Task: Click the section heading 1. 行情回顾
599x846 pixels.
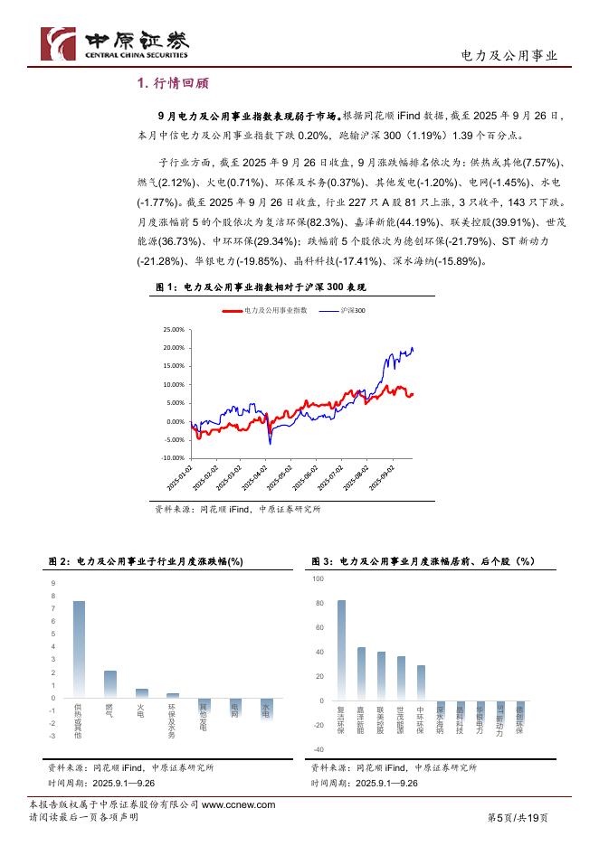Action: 172,84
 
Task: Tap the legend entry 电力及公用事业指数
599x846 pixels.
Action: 268,310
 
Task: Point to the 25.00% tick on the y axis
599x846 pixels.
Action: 173,329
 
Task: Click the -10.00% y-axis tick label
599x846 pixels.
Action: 172,458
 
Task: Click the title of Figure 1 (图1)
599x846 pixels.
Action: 261,287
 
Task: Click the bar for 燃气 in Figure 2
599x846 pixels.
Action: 110,684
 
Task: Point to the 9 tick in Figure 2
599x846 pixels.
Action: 53,583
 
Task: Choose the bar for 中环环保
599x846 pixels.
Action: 421,682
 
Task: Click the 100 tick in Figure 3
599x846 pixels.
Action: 318,578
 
